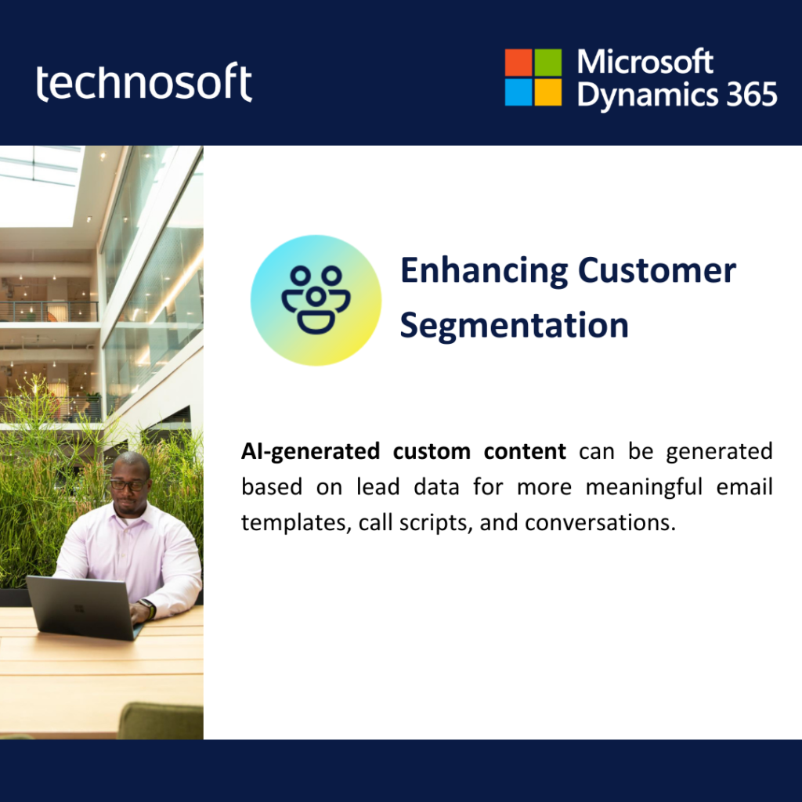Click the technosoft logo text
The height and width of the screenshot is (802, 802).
[144, 82]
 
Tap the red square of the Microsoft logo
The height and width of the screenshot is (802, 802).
[518, 63]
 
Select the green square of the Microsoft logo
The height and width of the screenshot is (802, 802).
[547, 63]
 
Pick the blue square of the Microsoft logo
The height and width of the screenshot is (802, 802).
[518, 92]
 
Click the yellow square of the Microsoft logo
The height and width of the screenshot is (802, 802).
[547, 92]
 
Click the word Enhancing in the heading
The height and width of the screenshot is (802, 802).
[484, 271]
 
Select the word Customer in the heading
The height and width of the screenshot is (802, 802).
[657, 270]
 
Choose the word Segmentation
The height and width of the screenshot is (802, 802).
[514, 326]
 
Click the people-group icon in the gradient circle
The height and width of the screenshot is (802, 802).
[316, 300]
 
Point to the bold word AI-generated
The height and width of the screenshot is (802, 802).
[310, 452]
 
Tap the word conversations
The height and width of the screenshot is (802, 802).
[600, 522]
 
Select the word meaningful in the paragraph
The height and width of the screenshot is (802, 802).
[644, 487]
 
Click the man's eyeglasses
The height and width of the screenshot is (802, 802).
[128, 484]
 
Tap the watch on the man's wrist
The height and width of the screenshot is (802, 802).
[149, 609]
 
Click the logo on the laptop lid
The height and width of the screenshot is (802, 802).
[79, 608]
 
